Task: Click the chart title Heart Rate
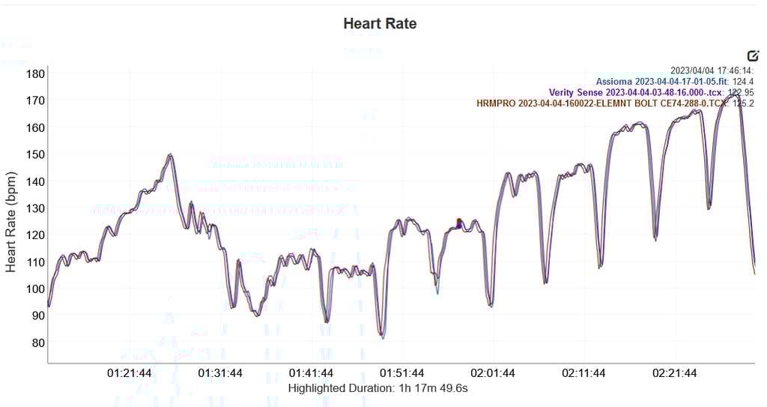pos(380,24)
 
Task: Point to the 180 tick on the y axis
pos(35,73)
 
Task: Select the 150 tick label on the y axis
pos(35,154)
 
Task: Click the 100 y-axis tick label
pos(35,289)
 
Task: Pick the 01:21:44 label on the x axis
pos(130,373)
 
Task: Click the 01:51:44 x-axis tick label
pos(402,373)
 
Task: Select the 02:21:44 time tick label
pos(675,373)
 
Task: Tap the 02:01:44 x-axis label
pos(493,373)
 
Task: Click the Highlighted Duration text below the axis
pos(378,388)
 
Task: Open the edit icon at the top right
pos(754,56)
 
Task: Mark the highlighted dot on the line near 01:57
pos(460,223)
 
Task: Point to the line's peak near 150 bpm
pos(170,155)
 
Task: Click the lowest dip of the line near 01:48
pos(382,336)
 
